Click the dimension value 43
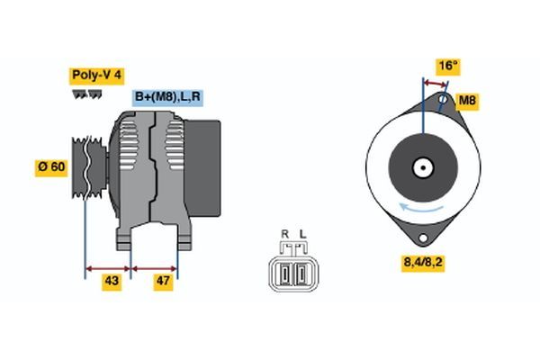click(112, 282)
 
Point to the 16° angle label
click(447, 66)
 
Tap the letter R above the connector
click(284, 235)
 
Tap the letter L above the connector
click(302, 235)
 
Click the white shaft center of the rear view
click(421, 167)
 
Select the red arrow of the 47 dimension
click(154, 267)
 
